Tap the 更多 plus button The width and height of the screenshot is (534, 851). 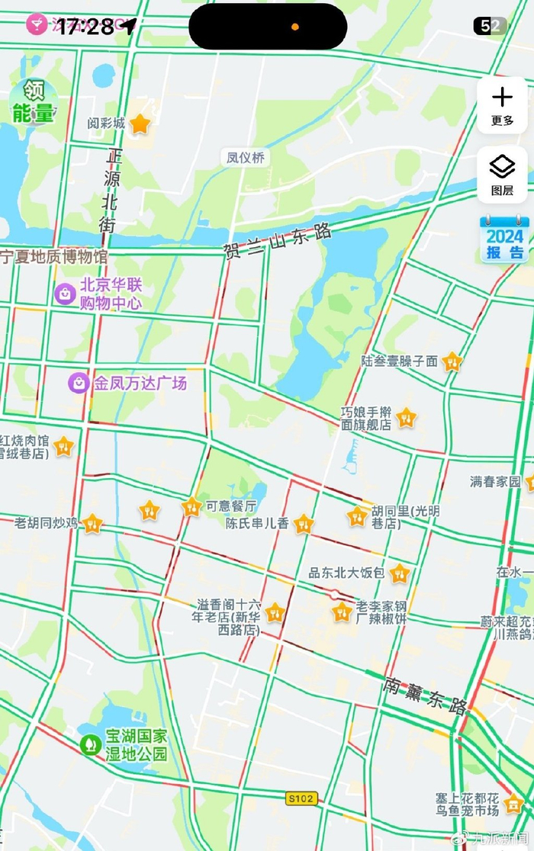coord(502,104)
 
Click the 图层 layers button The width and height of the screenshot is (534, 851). coord(502,175)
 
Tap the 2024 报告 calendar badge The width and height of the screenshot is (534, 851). coord(503,240)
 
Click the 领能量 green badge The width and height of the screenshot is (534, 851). coord(33,102)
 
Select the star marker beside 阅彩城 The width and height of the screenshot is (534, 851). coord(140,124)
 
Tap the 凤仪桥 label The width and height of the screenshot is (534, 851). coord(246,158)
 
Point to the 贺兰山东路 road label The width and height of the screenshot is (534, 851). coord(278,239)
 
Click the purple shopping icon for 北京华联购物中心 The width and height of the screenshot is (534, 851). coord(65,292)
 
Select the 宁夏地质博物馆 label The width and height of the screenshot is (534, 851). coord(53,256)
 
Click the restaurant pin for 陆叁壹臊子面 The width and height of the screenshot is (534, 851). coord(452,361)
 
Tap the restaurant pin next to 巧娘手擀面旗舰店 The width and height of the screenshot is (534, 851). coord(407,417)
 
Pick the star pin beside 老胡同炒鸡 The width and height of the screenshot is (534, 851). coord(92,523)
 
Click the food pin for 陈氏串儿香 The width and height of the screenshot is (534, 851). coord(304,523)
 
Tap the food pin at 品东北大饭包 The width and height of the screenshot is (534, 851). coord(399,573)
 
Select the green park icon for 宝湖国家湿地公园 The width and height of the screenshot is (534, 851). coord(91,743)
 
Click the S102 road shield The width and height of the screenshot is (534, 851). coord(301,798)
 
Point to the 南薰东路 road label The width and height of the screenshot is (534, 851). coord(426,695)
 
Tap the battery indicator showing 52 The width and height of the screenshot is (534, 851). coord(490,26)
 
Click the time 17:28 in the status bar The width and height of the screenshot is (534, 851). coord(85,27)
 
